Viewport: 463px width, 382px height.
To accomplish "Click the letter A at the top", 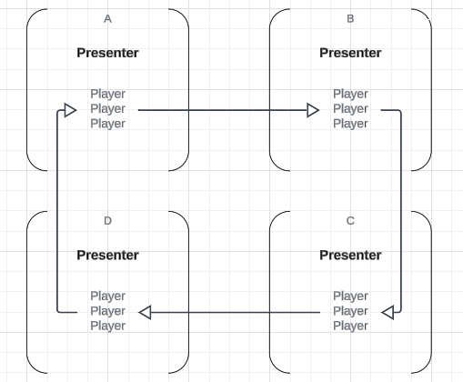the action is click(x=107, y=19).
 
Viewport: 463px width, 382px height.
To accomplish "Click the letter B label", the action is click(x=350, y=19).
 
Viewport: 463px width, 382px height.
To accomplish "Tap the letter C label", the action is click(x=350, y=221).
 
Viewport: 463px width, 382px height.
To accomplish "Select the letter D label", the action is click(x=107, y=221).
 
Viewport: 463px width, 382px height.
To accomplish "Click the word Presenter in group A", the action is click(x=107, y=53).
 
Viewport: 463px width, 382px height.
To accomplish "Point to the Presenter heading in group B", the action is click(x=350, y=53).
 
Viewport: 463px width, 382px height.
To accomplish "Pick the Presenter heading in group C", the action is click(x=350, y=255).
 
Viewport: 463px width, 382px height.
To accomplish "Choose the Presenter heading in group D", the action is click(x=107, y=255).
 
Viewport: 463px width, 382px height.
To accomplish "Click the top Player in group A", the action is click(x=107, y=94).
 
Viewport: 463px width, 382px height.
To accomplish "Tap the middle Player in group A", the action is click(x=107, y=109).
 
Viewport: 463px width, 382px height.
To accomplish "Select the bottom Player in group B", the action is click(x=350, y=124).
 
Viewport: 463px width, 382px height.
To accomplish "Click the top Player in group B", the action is click(x=350, y=94).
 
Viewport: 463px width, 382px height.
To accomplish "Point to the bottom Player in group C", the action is click(x=350, y=326).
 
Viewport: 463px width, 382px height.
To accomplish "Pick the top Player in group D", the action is click(x=107, y=297).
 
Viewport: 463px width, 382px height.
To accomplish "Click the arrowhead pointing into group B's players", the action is click(x=313, y=110).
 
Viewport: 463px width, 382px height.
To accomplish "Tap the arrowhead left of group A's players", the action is click(x=70, y=110).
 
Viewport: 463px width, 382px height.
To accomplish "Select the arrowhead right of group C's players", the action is click(x=388, y=312).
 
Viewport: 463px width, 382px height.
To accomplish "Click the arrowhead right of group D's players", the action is click(x=145, y=312).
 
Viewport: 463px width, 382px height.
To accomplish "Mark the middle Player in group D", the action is click(x=107, y=311).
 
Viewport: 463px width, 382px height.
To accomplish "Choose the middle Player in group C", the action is click(x=350, y=311).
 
